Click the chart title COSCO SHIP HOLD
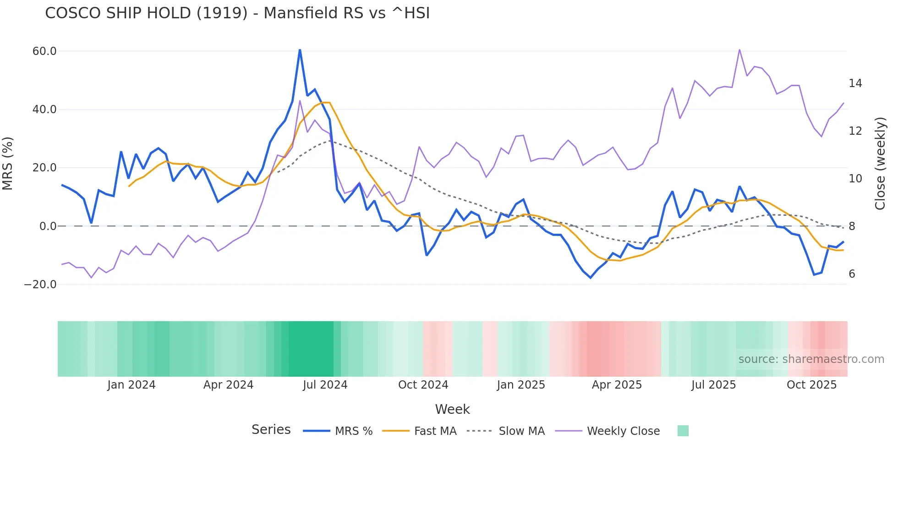coord(237,13)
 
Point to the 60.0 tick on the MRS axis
coord(44,51)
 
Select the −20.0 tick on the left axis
coord(40,285)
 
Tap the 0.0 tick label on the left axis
coord(48,226)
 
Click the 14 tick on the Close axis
coord(855,83)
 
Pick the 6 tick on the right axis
coord(852,274)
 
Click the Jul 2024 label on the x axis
coord(325,385)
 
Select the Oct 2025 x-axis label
coord(811,385)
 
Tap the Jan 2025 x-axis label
coord(521,385)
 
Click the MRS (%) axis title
coord(8,164)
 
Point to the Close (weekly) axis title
coord(880,164)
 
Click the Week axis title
coord(452,409)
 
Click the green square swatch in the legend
coord(683,431)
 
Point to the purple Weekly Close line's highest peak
coord(739,49)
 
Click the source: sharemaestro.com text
coord(811,359)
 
